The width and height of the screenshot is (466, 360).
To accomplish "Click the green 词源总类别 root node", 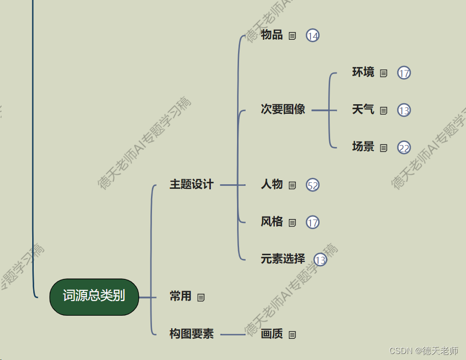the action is pyautogui.click(x=94, y=297).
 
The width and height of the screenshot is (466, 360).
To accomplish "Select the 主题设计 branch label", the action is pyautogui.click(x=191, y=185).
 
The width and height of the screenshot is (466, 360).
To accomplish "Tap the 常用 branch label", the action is pyautogui.click(x=181, y=297).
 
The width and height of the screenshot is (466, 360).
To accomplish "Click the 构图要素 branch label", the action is pyautogui.click(x=191, y=334).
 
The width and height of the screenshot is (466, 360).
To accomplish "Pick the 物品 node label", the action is pyautogui.click(x=272, y=35).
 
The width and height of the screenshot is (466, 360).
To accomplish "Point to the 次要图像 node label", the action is pyautogui.click(x=283, y=110).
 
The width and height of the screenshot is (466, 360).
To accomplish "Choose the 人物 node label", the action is pyautogui.click(x=272, y=185).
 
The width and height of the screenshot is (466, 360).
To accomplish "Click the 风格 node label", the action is pyautogui.click(x=272, y=222).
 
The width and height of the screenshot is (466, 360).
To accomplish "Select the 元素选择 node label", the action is pyautogui.click(x=283, y=259).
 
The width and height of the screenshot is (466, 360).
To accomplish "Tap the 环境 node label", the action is pyautogui.click(x=363, y=73).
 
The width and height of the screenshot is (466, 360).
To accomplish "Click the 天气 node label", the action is pyautogui.click(x=363, y=110).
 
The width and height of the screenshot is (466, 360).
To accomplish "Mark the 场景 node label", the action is pyautogui.click(x=363, y=147).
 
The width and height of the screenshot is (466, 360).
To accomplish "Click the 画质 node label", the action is pyautogui.click(x=272, y=334).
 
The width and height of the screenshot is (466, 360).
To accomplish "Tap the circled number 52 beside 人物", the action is pyautogui.click(x=313, y=185).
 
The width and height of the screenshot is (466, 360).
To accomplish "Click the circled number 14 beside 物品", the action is pyautogui.click(x=313, y=36).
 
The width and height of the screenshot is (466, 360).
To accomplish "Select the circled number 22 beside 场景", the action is pyautogui.click(x=404, y=148).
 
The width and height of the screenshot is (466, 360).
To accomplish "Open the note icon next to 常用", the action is pyautogui.click(x=201, y=297).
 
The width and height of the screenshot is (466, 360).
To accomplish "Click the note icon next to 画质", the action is pyautogui.click(x=292, y=334).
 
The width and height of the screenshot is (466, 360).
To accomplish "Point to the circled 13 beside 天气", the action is pyautogui.click(x=404, y=110).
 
